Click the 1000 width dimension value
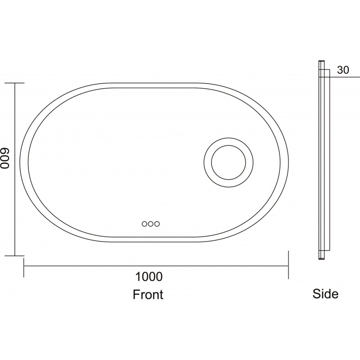coord(149,277)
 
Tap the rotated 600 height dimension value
coord(4,158)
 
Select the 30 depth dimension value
coord(343,70)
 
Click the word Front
coord(148,294)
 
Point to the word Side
coord(325,294)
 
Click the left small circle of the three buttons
coord(144,224)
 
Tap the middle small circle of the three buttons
coord(151,224)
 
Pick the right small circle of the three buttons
coord(157,224)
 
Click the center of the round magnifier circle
coord(229,162)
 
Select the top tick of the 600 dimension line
coord(15,83)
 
